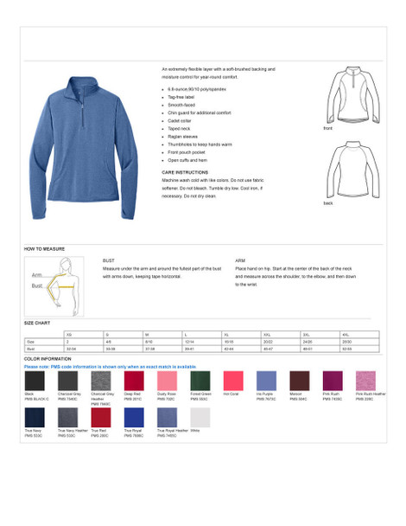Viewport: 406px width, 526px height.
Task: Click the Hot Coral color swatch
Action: tap(234, 381)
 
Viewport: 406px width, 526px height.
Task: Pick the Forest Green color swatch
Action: tap(200, 381)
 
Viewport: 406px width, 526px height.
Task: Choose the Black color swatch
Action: tap(35, 381)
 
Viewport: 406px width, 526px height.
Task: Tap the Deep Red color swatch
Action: tap(134, 381)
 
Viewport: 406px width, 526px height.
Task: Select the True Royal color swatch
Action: tap(134, 418)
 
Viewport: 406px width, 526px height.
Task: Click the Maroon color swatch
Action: tap(300, 381)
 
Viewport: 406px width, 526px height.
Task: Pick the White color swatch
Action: tap(200, 418)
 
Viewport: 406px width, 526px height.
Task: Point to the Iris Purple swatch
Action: tap(267, 381)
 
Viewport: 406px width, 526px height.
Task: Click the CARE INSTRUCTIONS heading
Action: tap(185, 172)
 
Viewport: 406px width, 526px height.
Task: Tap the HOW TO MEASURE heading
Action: tap(44, 248)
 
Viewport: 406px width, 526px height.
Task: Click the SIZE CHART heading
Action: tap(36, 323)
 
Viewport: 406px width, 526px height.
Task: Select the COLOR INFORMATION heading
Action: tap(48, 359)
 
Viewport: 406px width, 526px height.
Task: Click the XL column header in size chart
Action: tap(228, 334)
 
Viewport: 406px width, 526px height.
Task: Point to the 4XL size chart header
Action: tap(346, 334)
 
